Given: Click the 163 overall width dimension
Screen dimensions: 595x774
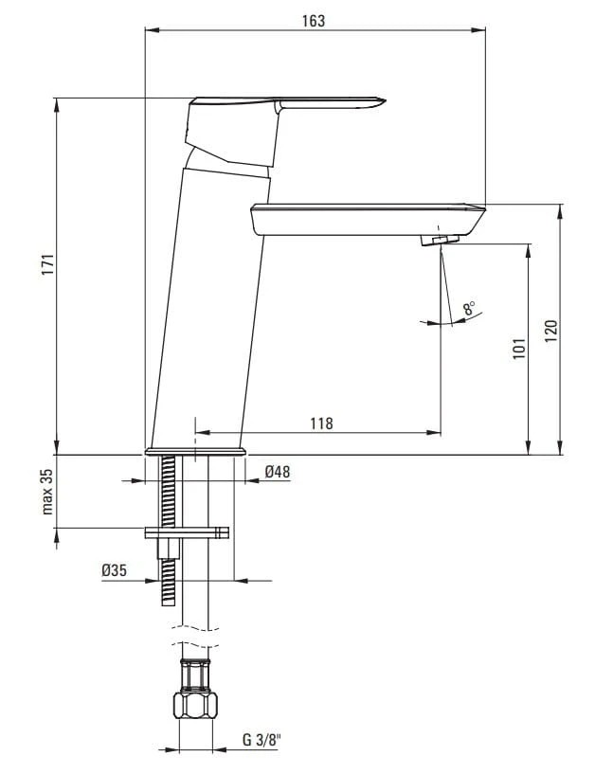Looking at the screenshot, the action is pos(314,21).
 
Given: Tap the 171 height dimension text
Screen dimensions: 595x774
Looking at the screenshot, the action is pos(47,264).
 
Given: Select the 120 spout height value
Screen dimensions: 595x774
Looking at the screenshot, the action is pos(551,332).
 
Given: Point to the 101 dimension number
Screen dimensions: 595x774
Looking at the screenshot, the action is pos(519,349).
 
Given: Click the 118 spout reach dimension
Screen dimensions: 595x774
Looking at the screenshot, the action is pos(321,423).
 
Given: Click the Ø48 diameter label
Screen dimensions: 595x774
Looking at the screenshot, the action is pos(278,472).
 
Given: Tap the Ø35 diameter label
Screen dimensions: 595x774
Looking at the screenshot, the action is pos(114,570).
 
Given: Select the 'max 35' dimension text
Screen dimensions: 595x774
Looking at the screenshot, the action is pos(47,492).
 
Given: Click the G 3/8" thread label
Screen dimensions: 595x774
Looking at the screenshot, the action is pos(261,740).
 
